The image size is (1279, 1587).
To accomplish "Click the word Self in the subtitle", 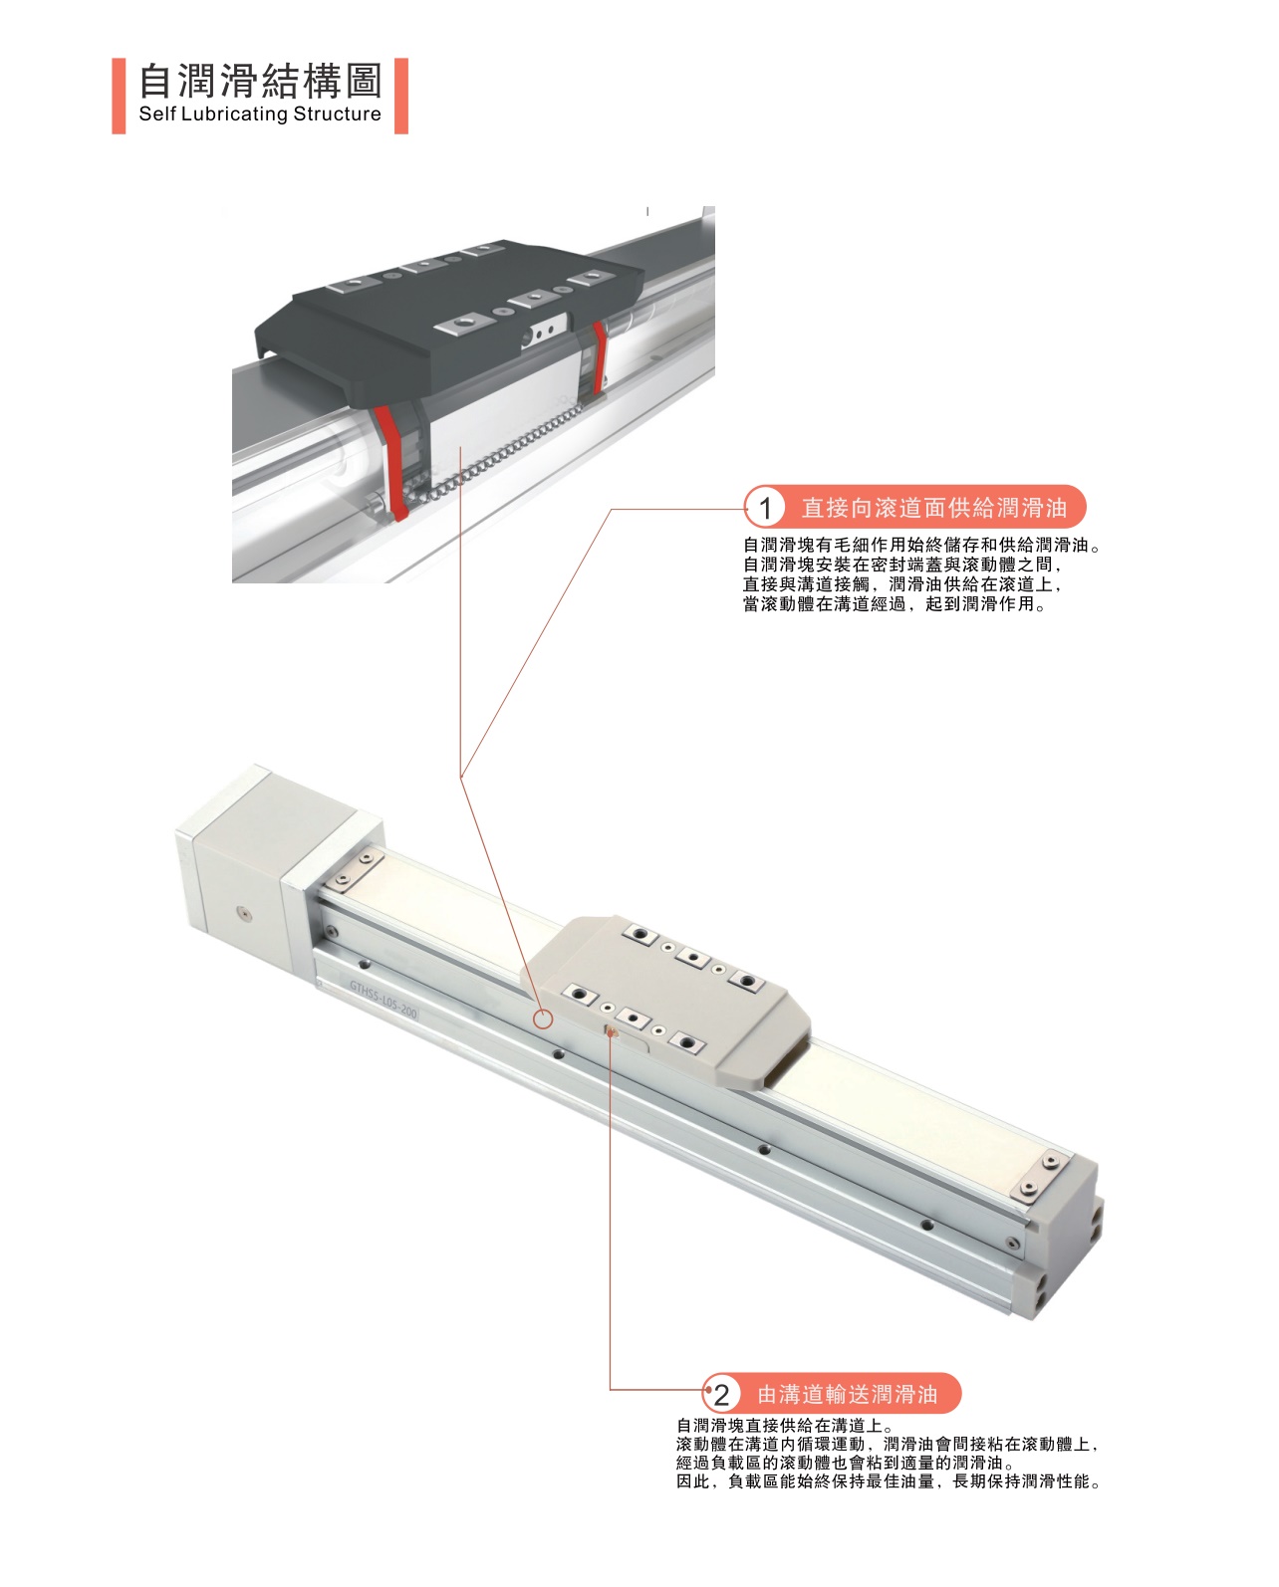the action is (x=156, y=113).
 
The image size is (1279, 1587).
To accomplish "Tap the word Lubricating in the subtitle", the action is (x=234, y=114).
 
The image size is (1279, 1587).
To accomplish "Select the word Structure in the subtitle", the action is (x=338, y=113).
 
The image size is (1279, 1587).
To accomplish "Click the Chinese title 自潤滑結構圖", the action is (x=261, y=81).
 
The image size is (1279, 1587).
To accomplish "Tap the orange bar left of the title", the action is (x=119, y=96).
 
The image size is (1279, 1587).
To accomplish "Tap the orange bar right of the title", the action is (x=401, y=96).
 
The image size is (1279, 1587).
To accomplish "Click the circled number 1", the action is (x=765, y=508).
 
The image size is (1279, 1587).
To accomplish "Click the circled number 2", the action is (x=721, y=1395).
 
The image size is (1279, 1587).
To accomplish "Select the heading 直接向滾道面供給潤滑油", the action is (x=934, y=508).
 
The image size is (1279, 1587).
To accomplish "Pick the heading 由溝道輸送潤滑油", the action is (x=848, y=1395).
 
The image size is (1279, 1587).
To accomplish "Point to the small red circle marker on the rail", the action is (x=543, y=1020).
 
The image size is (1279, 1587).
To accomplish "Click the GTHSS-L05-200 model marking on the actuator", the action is (x=384, y=1000).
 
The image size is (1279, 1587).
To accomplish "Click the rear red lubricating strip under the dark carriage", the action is (x=600, y=357).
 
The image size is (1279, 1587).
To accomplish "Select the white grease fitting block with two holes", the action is (x=545, y=332).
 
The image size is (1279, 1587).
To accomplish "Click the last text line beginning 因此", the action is (x=889, y=1481).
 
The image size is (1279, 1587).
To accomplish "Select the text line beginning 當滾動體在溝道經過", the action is (x=895, y=604).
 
